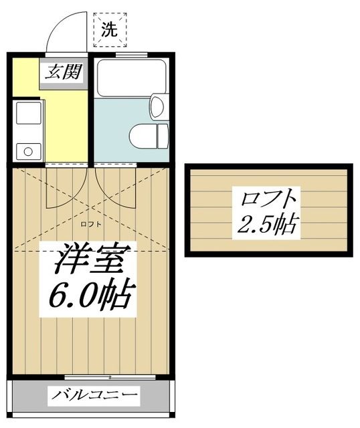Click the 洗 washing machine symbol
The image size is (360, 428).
click(x=108, y=29)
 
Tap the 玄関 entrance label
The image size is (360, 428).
click(x=62, y=72)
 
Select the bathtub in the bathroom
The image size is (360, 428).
click(x=131, y=79)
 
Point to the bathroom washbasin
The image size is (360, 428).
click(x=158, y=107)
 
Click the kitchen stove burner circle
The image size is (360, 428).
click(x=28, y=151)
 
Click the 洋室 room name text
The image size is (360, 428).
click(x=89, y=257)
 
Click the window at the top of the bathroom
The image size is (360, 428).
click(x=131, y=54)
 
